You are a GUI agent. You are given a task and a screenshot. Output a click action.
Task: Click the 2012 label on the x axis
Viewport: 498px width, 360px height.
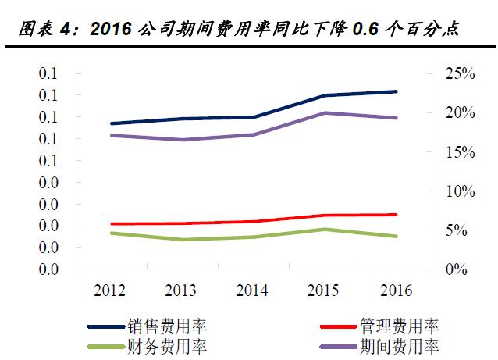[110, 290]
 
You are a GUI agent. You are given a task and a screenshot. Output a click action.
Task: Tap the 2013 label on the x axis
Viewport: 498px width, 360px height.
[181, 290]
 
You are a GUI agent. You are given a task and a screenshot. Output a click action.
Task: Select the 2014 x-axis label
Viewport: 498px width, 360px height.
[252, 290]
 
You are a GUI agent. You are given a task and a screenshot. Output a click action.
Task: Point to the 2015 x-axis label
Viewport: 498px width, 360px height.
[323, 290]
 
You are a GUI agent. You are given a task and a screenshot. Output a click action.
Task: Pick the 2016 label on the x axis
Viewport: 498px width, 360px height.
[394, 290]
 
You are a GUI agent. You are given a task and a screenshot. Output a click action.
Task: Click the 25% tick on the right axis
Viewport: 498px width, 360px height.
[450, 73]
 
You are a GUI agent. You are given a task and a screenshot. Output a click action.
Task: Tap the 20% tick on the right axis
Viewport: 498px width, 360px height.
[450, 112]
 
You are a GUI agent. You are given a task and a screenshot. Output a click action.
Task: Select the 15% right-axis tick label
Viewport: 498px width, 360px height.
[450, 151]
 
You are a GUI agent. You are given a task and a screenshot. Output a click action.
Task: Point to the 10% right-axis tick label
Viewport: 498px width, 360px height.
[450, 191]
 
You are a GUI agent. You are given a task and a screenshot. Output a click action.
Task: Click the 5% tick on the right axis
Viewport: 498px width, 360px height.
[453, 230]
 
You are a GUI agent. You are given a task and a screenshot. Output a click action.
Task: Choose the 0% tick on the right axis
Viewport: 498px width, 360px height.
[453, 269]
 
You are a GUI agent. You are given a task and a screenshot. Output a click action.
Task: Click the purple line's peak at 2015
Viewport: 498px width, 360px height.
[323, 113]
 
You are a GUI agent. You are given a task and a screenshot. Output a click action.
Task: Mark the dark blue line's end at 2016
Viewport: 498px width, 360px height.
[394, 91]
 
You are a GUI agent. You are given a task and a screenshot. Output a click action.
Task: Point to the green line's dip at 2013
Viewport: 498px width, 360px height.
[181, 240]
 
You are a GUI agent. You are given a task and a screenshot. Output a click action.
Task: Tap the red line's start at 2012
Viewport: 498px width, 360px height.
[111, 223]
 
